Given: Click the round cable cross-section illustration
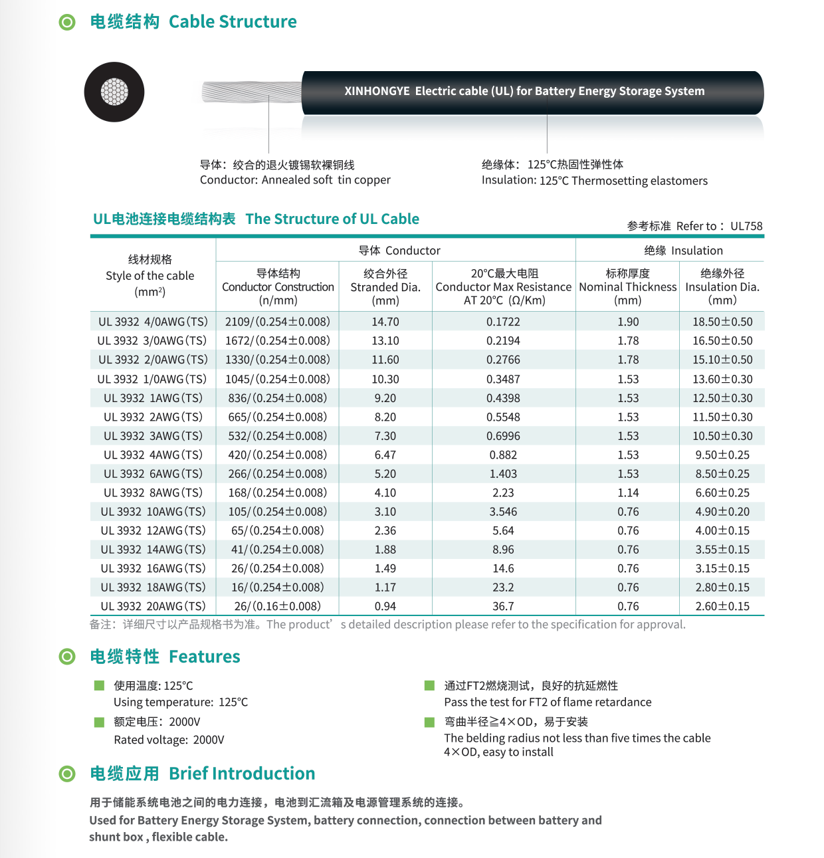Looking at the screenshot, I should tap(114, 92).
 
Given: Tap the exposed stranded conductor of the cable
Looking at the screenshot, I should tap(251, 92).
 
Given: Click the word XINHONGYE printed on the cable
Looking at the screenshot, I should tap(377, 91).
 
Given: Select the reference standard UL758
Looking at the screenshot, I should tap(746, 226).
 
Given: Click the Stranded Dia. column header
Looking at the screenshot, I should tap(385, 287).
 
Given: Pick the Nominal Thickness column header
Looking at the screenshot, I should tap(628, 287).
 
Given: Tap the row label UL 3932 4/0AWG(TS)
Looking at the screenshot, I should tap(153, 322).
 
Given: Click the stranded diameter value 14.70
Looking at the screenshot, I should tap(385, 322).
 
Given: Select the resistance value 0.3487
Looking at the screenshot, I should tap(503, 379).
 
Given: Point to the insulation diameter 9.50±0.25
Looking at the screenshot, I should tap(722, 455).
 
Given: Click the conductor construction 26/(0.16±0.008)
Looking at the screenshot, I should tap(278, 606).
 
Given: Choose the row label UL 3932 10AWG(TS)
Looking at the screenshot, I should tap(153, 512).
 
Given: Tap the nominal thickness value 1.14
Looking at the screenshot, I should tap(628, 492).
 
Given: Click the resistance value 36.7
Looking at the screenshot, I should tap(503, 606).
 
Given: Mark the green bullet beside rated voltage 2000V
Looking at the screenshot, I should tap(100, 722).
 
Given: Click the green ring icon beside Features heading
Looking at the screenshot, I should tap(67, 657).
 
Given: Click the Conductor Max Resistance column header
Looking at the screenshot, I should tap(503, 287).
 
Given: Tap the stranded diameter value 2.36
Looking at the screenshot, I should tap(385, 530).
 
